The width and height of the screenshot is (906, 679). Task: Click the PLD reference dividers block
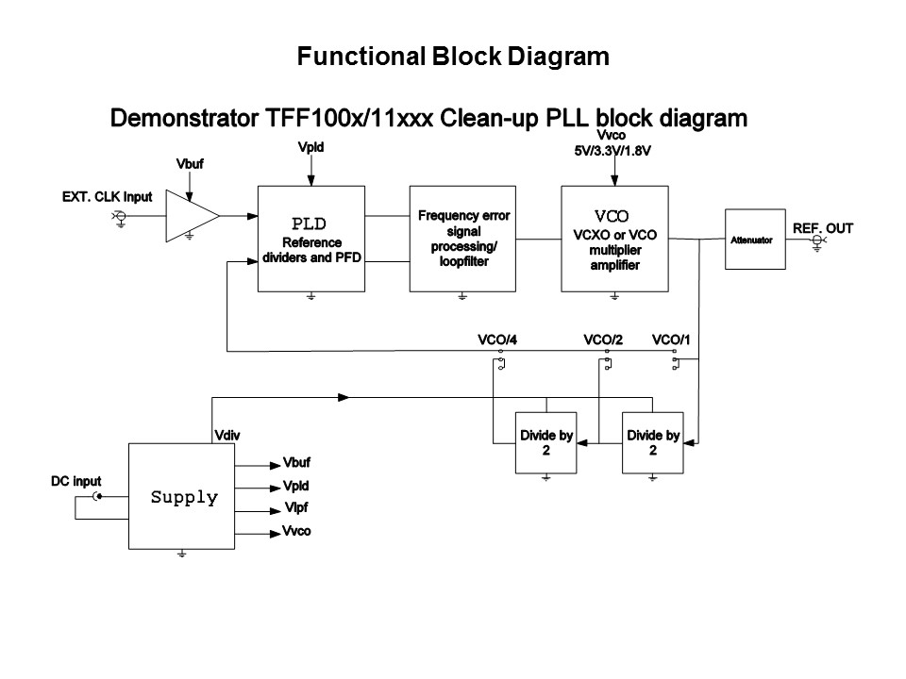310,239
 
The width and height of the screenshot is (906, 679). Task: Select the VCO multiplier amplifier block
614,239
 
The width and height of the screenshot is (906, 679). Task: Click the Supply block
183,497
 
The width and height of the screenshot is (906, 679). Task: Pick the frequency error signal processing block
462,239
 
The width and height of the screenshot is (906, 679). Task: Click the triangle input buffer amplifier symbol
190,216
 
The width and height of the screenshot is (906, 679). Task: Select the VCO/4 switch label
500,339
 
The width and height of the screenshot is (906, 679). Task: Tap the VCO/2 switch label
603,339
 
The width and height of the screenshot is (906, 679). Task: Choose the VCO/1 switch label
671,339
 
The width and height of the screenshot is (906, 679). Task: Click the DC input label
75,481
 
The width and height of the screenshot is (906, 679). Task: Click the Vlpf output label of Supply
295,509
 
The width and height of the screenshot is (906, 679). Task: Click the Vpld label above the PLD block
310,148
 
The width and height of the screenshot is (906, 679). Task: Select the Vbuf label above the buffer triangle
190,165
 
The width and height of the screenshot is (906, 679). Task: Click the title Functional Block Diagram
453,57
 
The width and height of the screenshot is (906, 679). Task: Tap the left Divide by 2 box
545,443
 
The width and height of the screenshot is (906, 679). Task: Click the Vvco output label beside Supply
296,532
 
